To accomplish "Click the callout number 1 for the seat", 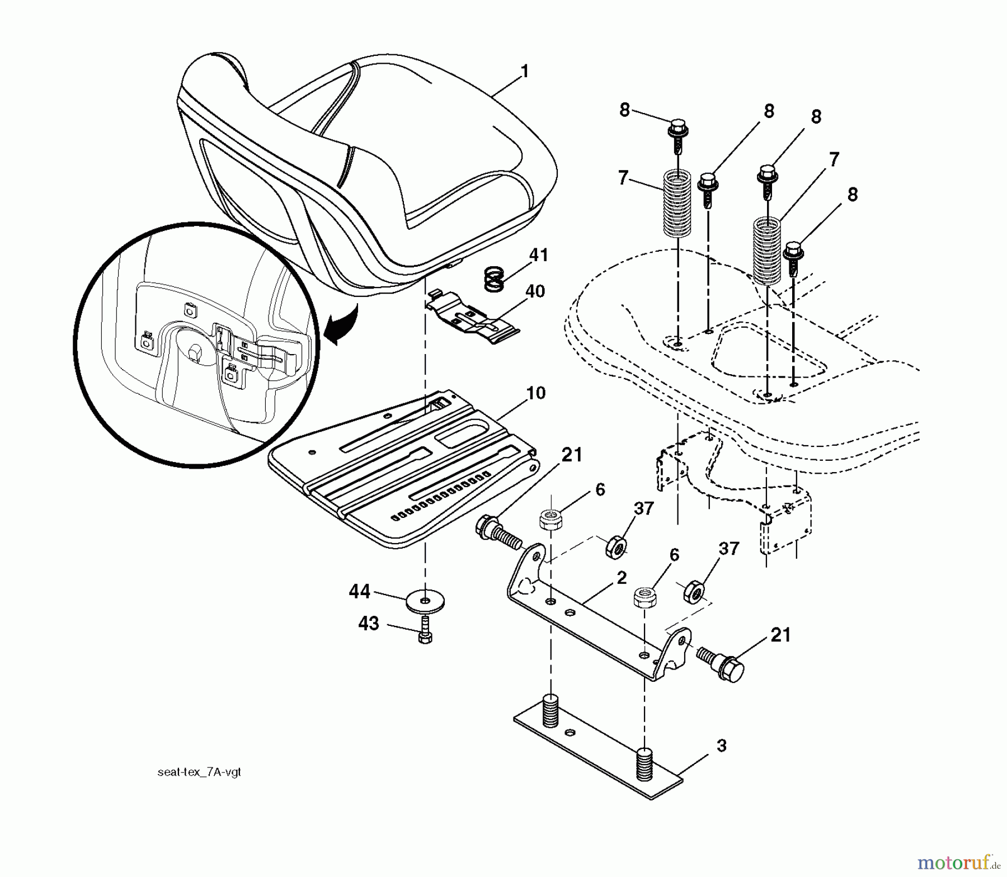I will click(524, 72).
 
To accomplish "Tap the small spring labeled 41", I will click(494, 278).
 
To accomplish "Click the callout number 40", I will click(535, 292).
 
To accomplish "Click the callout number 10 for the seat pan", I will click(535, 393).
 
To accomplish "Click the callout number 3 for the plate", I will click(721, 746).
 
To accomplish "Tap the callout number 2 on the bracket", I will click(621, 578).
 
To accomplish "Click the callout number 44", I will click(360, 591).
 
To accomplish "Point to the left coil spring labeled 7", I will click(677, 204).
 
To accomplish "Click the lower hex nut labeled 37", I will click(693, 592).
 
